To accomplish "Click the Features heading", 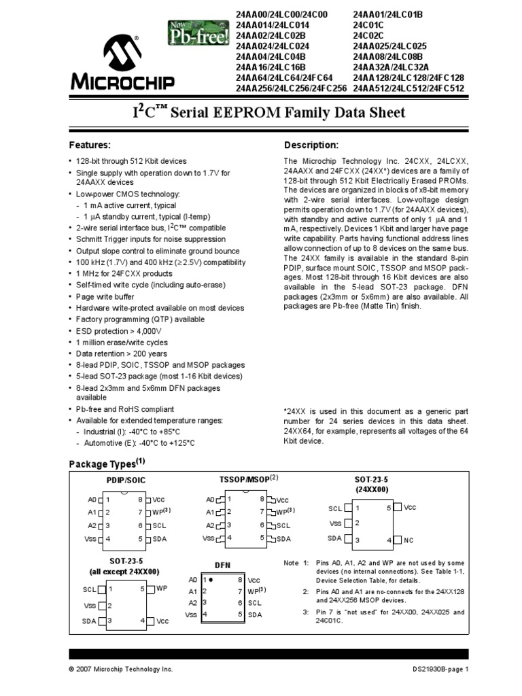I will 90,145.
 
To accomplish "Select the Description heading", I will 311,145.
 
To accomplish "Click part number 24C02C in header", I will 368,35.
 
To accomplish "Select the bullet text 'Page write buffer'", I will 105,297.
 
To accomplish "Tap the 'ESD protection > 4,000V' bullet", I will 118,331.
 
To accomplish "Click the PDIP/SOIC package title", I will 126,480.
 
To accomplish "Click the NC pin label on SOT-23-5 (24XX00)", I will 409,540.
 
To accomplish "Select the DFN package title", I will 223,565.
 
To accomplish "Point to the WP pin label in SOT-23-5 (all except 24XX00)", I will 162,588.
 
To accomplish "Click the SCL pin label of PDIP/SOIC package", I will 158,525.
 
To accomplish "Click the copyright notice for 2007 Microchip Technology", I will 121,669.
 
